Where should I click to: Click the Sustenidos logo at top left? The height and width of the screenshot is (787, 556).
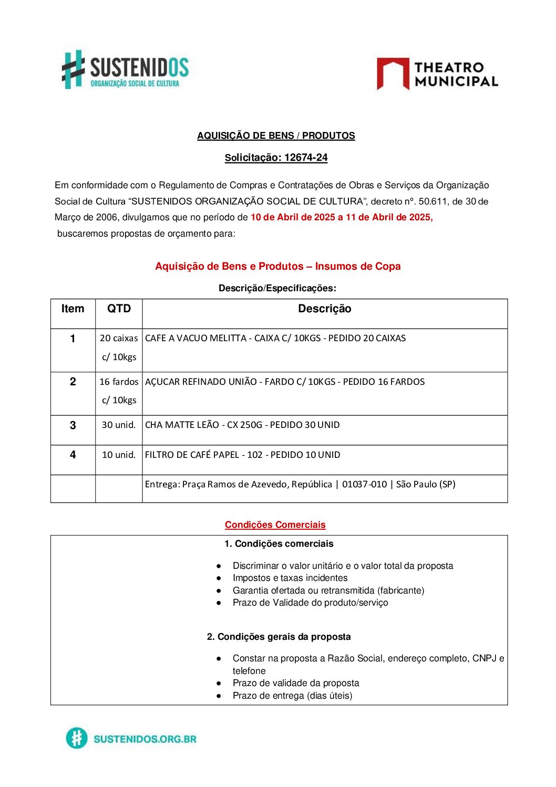(125, 70)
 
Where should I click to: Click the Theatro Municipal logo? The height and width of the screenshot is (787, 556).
(437, 74)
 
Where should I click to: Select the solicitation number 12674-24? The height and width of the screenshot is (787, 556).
(306, 158)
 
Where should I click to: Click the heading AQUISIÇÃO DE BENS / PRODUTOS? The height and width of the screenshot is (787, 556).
(276, 136)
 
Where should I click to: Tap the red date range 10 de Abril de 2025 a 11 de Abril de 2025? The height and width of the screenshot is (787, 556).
(342, 217)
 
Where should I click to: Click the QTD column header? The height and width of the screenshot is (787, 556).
(119, 309)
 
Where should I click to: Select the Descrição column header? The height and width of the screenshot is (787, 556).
(324, 309)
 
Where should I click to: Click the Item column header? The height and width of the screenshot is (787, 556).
(73, 309)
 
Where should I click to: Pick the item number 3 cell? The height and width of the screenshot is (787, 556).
(73, 425)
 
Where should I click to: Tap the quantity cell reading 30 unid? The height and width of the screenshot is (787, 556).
(119, 425)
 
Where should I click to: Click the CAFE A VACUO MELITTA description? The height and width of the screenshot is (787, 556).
(275, 338)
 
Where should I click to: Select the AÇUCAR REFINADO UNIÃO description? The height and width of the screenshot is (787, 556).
(285, 382)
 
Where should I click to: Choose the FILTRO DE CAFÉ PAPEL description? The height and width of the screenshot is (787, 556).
(242, 455)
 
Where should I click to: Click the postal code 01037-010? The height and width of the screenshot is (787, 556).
(364, 484)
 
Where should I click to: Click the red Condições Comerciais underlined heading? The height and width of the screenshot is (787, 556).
(275, 525)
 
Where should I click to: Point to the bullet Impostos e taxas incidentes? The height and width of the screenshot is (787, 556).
(290, 578)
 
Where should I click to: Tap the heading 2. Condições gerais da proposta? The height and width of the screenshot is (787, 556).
(279, 637)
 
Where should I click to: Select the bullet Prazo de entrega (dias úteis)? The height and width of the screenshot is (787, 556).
(292, 696)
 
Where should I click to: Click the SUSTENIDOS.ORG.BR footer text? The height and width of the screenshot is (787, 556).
(145, 739)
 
